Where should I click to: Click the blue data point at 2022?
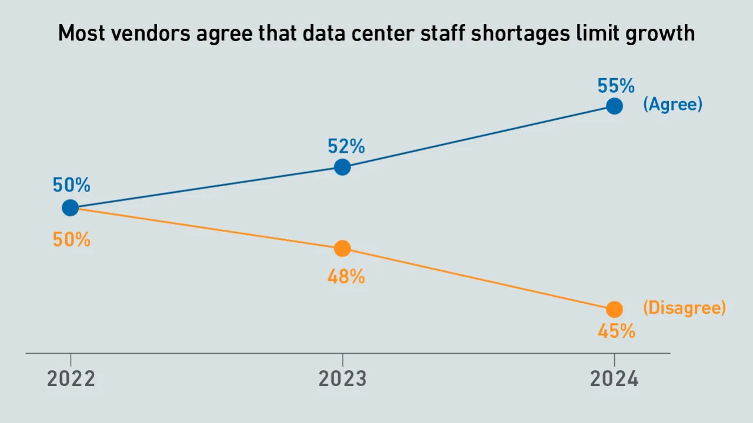coord(70,207)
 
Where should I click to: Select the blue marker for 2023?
coord(342,167)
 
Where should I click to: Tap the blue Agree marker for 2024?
coord(614,106)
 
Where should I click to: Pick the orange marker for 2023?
coord(342,249)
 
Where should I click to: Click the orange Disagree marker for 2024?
coord(614,309)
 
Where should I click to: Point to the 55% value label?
coord(616,86)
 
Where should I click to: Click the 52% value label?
coord(346,147)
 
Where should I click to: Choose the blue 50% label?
coord(71,186)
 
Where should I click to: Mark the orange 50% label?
coord(71,240)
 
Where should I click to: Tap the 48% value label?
coord(346,277)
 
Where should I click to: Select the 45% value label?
coord(616,332)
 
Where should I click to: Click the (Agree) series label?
coord(672,105)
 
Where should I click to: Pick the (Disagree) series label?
coord(684,308)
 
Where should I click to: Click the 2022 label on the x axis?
coord(71,380)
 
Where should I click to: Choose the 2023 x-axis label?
coord(342,380)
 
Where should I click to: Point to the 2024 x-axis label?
coord(614,380)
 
